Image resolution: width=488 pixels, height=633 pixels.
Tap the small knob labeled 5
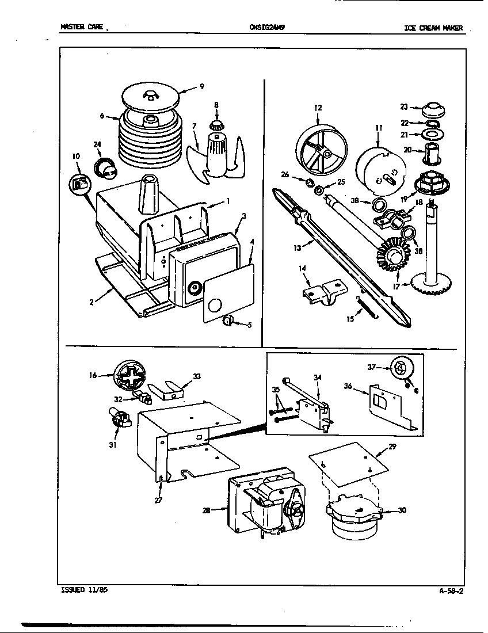point(227,321)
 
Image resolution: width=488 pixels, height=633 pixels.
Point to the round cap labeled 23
point(436,109)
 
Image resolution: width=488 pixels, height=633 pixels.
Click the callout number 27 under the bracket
point(159,500)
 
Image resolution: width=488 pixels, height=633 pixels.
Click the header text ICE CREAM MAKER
point(433,28)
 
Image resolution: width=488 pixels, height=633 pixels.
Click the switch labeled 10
point(79,184)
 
